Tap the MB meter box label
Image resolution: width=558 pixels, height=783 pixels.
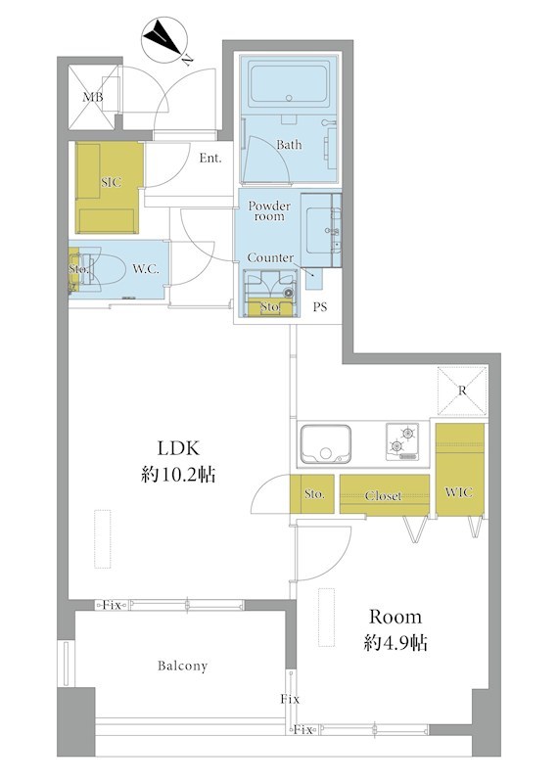pos(93,97)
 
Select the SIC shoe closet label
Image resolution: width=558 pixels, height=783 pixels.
pos(111,182)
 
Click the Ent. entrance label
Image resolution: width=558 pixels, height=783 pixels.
pos(210,159)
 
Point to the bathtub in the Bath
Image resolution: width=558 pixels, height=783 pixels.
pos(289,83)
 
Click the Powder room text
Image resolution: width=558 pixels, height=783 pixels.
pos(269,211)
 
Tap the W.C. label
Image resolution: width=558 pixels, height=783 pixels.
pos(146,269)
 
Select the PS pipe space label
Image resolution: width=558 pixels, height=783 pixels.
pos(320,307)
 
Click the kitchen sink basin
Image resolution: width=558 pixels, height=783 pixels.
pos(325,443)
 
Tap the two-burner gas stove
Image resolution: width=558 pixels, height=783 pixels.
pos(402,441)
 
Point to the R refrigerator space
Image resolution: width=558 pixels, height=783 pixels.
pos(462,391)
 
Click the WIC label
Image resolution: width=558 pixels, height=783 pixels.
pos(458,492)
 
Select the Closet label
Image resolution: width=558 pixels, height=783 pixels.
pos(383,496)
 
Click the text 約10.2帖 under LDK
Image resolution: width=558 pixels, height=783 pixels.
pos(178,475)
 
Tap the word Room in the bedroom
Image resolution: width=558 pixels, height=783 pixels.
pos(395,618)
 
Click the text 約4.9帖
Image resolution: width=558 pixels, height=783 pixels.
pos(395,643)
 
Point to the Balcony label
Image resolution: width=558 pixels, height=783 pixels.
pos(182,667)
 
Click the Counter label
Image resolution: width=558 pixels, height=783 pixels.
pos(270,257)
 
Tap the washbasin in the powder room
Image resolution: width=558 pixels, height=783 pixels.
pos(320,231)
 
